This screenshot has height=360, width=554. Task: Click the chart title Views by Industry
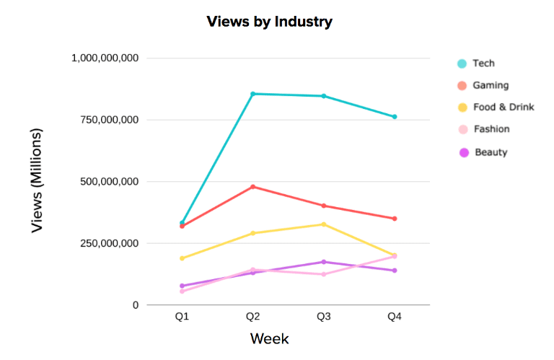pos(269,22)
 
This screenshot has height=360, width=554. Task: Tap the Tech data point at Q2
pos(252,94)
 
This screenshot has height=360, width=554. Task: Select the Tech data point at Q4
pos(395,117)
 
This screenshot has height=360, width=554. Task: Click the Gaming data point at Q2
pos(252,187)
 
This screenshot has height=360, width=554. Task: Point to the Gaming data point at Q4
pos(395,219)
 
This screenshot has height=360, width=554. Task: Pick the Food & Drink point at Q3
pos(324,224)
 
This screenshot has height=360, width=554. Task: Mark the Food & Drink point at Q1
pos(182,258)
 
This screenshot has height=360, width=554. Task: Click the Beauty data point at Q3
pos(324,262)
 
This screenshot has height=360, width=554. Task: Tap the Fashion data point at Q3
pos(324,274)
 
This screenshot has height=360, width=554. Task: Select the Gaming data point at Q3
pos(324,206)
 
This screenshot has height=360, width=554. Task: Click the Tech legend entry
pos(483,63)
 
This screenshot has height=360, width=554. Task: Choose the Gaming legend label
pos(491,85)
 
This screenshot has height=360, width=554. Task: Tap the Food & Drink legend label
pos(503,107)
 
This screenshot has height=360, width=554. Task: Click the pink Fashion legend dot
pos(462,130)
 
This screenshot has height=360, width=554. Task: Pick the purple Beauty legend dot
pos(462,152)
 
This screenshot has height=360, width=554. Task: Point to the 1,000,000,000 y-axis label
pos(105,58)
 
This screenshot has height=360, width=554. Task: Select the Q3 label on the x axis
pos(324,318)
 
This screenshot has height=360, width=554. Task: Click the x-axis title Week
pos(269,338)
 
